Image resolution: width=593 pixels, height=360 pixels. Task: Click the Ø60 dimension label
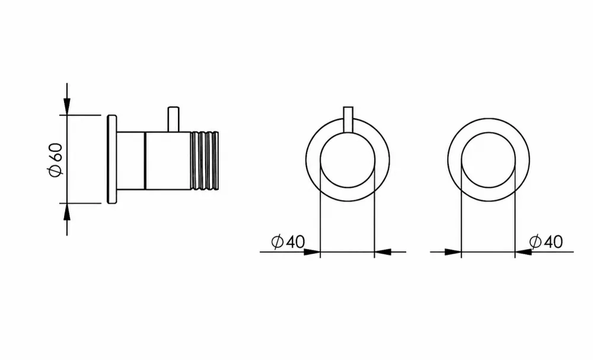(x=55, y=159)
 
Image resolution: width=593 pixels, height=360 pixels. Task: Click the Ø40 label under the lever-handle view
(x=288, y=241)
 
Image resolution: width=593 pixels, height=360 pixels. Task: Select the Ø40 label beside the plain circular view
(x=546, y=241)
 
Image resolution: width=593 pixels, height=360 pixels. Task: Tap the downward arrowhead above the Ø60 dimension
(x=67, y=106)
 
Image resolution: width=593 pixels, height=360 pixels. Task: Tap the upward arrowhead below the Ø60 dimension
(x=67, y=211)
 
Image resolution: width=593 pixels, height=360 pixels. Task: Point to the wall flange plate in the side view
(x=112, y=159)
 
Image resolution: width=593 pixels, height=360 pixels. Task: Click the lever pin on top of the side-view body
(x=173, y=119)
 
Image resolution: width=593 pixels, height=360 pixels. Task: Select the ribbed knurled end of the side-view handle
(x=205, y=161)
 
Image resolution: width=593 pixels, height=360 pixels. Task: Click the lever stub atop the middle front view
(x=348, y=120)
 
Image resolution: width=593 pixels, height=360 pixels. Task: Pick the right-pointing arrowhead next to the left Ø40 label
(x=312, y=251)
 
